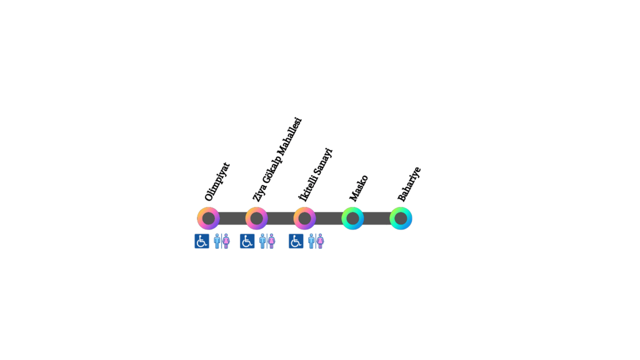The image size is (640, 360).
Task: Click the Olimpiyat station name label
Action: tap(217, 182)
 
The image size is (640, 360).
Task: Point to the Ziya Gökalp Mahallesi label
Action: tap(277, 159)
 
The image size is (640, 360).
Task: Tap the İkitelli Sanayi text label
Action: tap(316, 175)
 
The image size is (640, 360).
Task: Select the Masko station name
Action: tap(359, 188)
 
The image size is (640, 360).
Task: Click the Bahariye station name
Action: tap(409, 184)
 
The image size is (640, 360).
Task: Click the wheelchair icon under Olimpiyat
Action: tap(202, 241)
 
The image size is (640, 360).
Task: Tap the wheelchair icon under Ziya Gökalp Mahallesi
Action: tap(247, 241)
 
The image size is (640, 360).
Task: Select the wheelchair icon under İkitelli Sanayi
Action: tap(296, 241)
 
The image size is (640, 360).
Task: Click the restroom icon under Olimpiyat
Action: tap(222, 241)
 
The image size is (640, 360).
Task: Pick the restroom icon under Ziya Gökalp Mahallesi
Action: tap(267, 241)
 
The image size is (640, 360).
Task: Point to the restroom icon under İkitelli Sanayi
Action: tap(316, 241)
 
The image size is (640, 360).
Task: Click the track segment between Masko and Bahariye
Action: tap(377, 218)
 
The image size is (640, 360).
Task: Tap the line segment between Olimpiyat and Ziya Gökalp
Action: tap(232, 218)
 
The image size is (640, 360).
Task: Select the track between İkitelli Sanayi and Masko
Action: tap(329, 218)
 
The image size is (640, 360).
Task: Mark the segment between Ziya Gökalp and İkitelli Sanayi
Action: tap(281, 218)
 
